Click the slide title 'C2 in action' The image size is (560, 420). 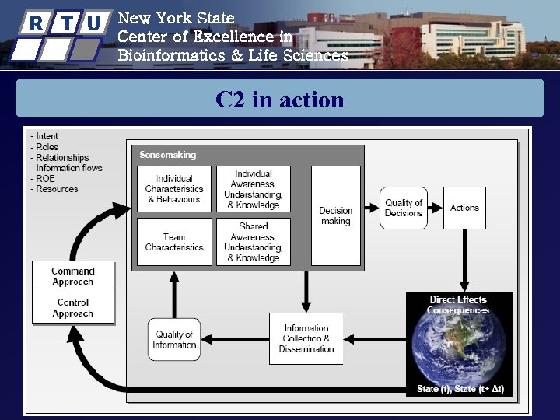[x=280, y=100]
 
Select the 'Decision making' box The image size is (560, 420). [x=335, y=215]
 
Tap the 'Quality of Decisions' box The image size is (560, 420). [x=404, y=208]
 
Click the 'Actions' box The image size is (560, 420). [x=464, y=208]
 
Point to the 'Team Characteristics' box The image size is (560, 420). [x=174, y=242]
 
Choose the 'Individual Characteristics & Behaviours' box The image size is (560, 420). [x=174, y=189]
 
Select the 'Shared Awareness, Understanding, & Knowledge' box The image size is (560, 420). [x=254, y=242]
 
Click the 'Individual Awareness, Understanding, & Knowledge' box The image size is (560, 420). [x=254, y=189]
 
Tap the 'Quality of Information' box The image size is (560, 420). [x=174, y=340]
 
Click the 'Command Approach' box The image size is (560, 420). [x=73, y=276]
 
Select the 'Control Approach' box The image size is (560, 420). [x=73, y=308]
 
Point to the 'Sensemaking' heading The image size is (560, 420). [x=168, y=155]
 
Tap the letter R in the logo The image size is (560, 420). [x=35, y=23]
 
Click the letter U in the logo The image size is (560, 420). [x=93, y=23]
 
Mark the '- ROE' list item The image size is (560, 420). [x=45, y=178]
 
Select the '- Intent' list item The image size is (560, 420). [x=46, y=137]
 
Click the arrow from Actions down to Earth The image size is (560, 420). [x=464, y=260]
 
